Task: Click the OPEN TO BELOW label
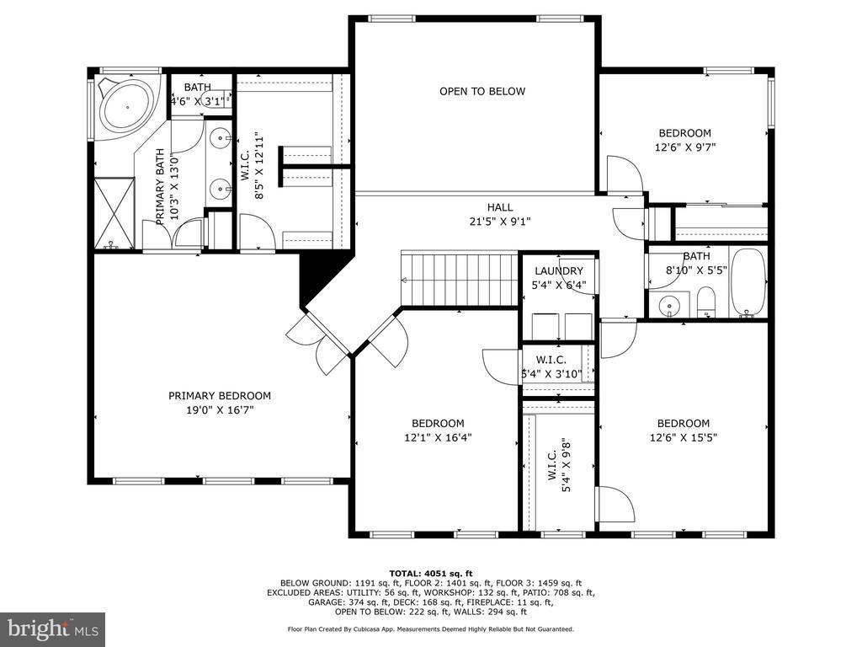pyautogui.click(x=482, y=91)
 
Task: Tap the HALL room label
pyautogui.click(x=500, y=207)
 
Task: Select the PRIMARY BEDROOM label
pyautogui.click(x=220, y=396)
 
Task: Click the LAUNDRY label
pyautogui.click(x=559, y=270)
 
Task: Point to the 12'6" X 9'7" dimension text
pyautogui.click(x=685, y=147)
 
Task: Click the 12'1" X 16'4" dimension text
pyautogui.click(x=438, y=438)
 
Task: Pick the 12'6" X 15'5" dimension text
pyautogui.click(x=684, y=438)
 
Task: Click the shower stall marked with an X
pyautogui.click(x=114, y=213)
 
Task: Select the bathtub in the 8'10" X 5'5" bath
pyautogui.click(x=748, y=283)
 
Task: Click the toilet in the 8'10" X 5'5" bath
pyautogui.click(x=706, y=302)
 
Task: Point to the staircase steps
pyautogui.click(x=460, y=278)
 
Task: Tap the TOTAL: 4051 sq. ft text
pyautogui.click(x=430, y=573)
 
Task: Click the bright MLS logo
pyautogui.click(x=53, y=628)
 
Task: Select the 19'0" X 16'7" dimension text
pyautogui.click(x=220, y=410)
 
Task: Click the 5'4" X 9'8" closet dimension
pyautogui.click(x=567, y=465)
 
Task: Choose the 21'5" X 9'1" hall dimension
pyautogui.click(x=500, y=222)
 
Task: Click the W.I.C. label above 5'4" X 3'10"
pyautogui.click(x=551, y=360)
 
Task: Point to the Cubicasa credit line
pyautogui.click(x=430, y=628)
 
